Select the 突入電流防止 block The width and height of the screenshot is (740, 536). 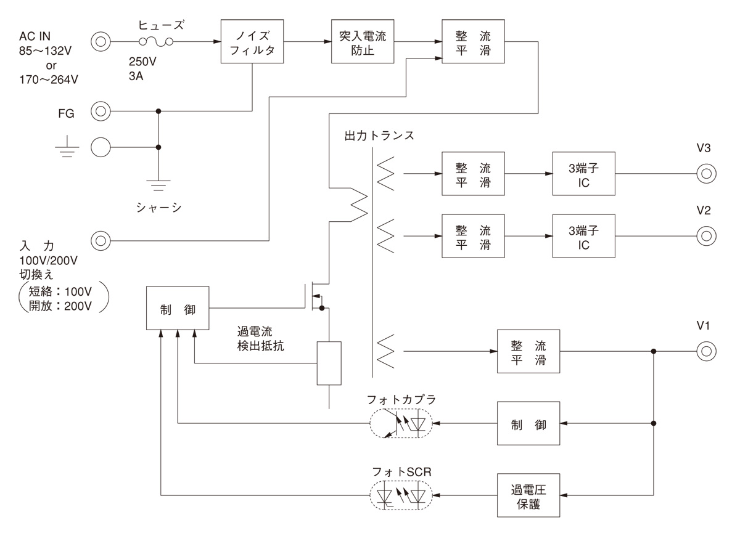tap(362, 42)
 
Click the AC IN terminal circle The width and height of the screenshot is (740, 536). tap(101, 43)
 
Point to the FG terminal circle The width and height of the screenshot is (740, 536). tap(101, 112)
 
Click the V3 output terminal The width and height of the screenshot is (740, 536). tap(706, 174)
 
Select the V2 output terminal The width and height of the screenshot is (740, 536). tap(706, 236)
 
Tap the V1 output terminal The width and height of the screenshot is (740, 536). tap(706, 352)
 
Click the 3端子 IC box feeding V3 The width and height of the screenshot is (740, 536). tap(583, 174)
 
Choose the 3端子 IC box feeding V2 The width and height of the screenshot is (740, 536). tap(583, 236)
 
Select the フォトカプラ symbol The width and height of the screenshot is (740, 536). tap(401, 424)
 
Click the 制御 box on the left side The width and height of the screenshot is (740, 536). tap(178, 307)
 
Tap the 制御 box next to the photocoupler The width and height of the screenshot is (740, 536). tap(528, 424)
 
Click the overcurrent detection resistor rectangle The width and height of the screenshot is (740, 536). tap(329, 363)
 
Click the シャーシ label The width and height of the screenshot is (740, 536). tap(158, 208)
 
